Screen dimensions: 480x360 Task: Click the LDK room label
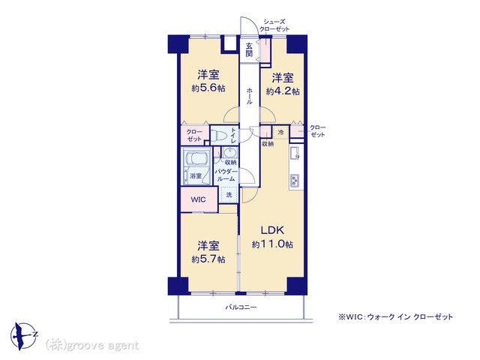tap(272, 230)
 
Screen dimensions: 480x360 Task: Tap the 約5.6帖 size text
tap(208, 88)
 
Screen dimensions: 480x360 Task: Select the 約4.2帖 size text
tap(283, 91)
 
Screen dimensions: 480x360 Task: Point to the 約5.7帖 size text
tap(208, 259)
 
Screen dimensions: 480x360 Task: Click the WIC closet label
tap(198, 200)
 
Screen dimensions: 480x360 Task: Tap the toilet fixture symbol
tap(218, 135)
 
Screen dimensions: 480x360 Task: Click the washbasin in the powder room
tap(229, 152)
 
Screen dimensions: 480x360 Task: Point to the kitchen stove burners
tap(295, 181)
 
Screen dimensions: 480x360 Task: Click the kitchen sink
tap(295, 153)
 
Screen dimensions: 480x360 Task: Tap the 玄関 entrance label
tap(249, 50)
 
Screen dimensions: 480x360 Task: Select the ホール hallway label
tap(249, 96)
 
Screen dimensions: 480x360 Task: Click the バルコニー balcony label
tap(241, 307)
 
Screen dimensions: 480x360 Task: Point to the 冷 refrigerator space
tap(280, 132)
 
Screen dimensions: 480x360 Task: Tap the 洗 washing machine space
tap(229, 195)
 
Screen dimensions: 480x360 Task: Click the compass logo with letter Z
tap(24, 336)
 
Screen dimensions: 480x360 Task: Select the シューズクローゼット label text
tap(274, 25)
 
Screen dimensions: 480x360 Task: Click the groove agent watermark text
tap(91, 345)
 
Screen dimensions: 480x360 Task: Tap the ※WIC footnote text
tap(395, 316)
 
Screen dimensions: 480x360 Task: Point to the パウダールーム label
tap(226, 175)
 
